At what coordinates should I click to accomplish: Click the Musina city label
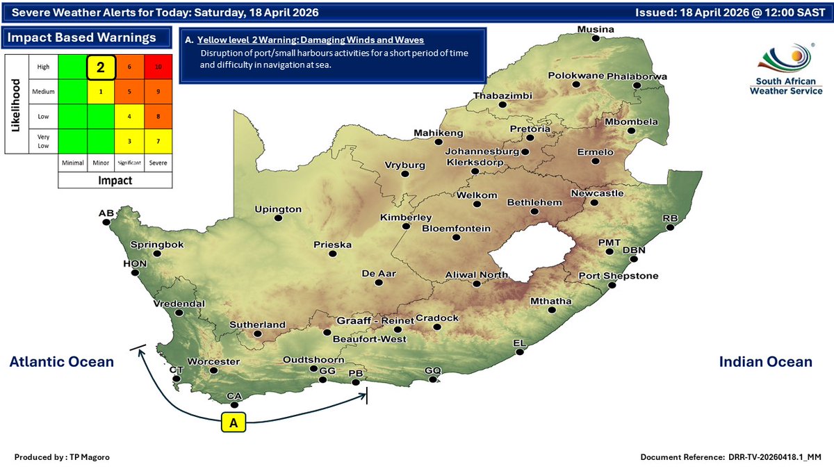(596, 29)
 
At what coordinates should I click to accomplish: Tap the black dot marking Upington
(279, 218)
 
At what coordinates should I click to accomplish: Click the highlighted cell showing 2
(100, 67)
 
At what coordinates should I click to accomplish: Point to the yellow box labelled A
(234, 422)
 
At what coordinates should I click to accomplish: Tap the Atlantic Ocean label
(61, 361)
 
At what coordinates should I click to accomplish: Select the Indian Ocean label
(765, 361)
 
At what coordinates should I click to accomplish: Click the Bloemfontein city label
(457, 228)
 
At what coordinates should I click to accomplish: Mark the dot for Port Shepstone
(612, 286)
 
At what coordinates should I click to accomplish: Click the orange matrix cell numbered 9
(158, 90)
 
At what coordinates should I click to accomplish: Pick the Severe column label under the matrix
(158, 163)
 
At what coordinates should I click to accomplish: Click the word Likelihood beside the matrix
(15, 103)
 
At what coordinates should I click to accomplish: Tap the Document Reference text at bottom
(732, 456)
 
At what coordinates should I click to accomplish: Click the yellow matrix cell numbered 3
(129, 141)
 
